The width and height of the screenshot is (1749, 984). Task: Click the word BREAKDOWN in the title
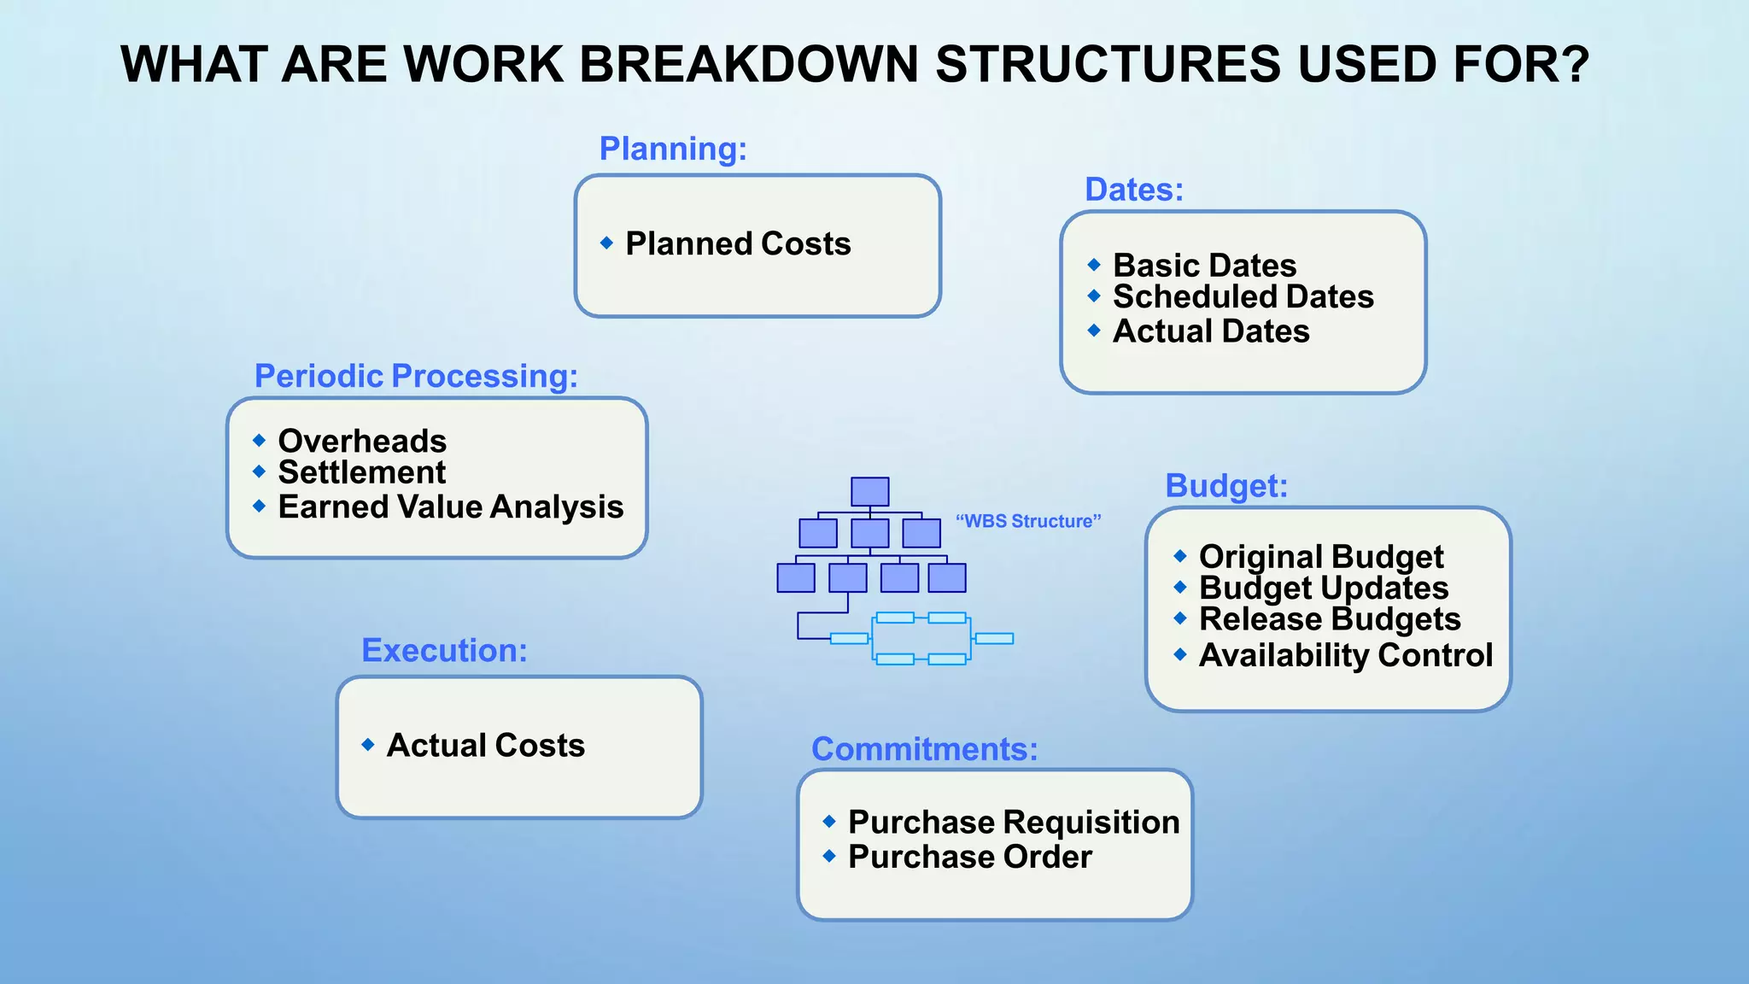(x=748, y=65)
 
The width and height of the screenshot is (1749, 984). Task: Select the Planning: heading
(x=673, y=149)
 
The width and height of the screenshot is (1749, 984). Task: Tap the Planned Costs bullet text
(x=738, y=244)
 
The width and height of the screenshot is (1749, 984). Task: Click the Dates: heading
(x=1133, y=190)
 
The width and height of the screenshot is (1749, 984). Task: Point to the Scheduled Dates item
(x=1243, y=297)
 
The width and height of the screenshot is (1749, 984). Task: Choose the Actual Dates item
(x=1210, y=331)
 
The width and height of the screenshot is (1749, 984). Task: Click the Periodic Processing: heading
(x=416, y=376)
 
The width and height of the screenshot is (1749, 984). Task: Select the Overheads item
(x=362, y=442)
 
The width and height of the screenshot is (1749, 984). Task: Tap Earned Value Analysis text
(x=450, y=507)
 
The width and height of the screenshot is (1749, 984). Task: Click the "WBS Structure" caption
(x=1028, y=521)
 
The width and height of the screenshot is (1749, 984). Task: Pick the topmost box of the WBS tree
(x=869, y=491)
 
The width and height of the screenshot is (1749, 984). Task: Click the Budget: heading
(x=1226, y=486)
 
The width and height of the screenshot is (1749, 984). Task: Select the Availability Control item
(x=1345, y=655)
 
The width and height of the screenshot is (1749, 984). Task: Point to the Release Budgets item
(x=1329, y=619)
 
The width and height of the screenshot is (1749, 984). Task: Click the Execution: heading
(x=444, y=651)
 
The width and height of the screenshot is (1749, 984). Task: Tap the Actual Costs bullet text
(x=485, y=746)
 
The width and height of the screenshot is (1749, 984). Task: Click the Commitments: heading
(x=924, y=749)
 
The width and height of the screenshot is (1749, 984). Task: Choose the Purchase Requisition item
(x=1013, y=823)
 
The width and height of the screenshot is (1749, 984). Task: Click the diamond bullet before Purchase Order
(x=828, y=856)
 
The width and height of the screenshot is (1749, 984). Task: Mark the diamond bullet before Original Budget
(x=1180, y=556)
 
